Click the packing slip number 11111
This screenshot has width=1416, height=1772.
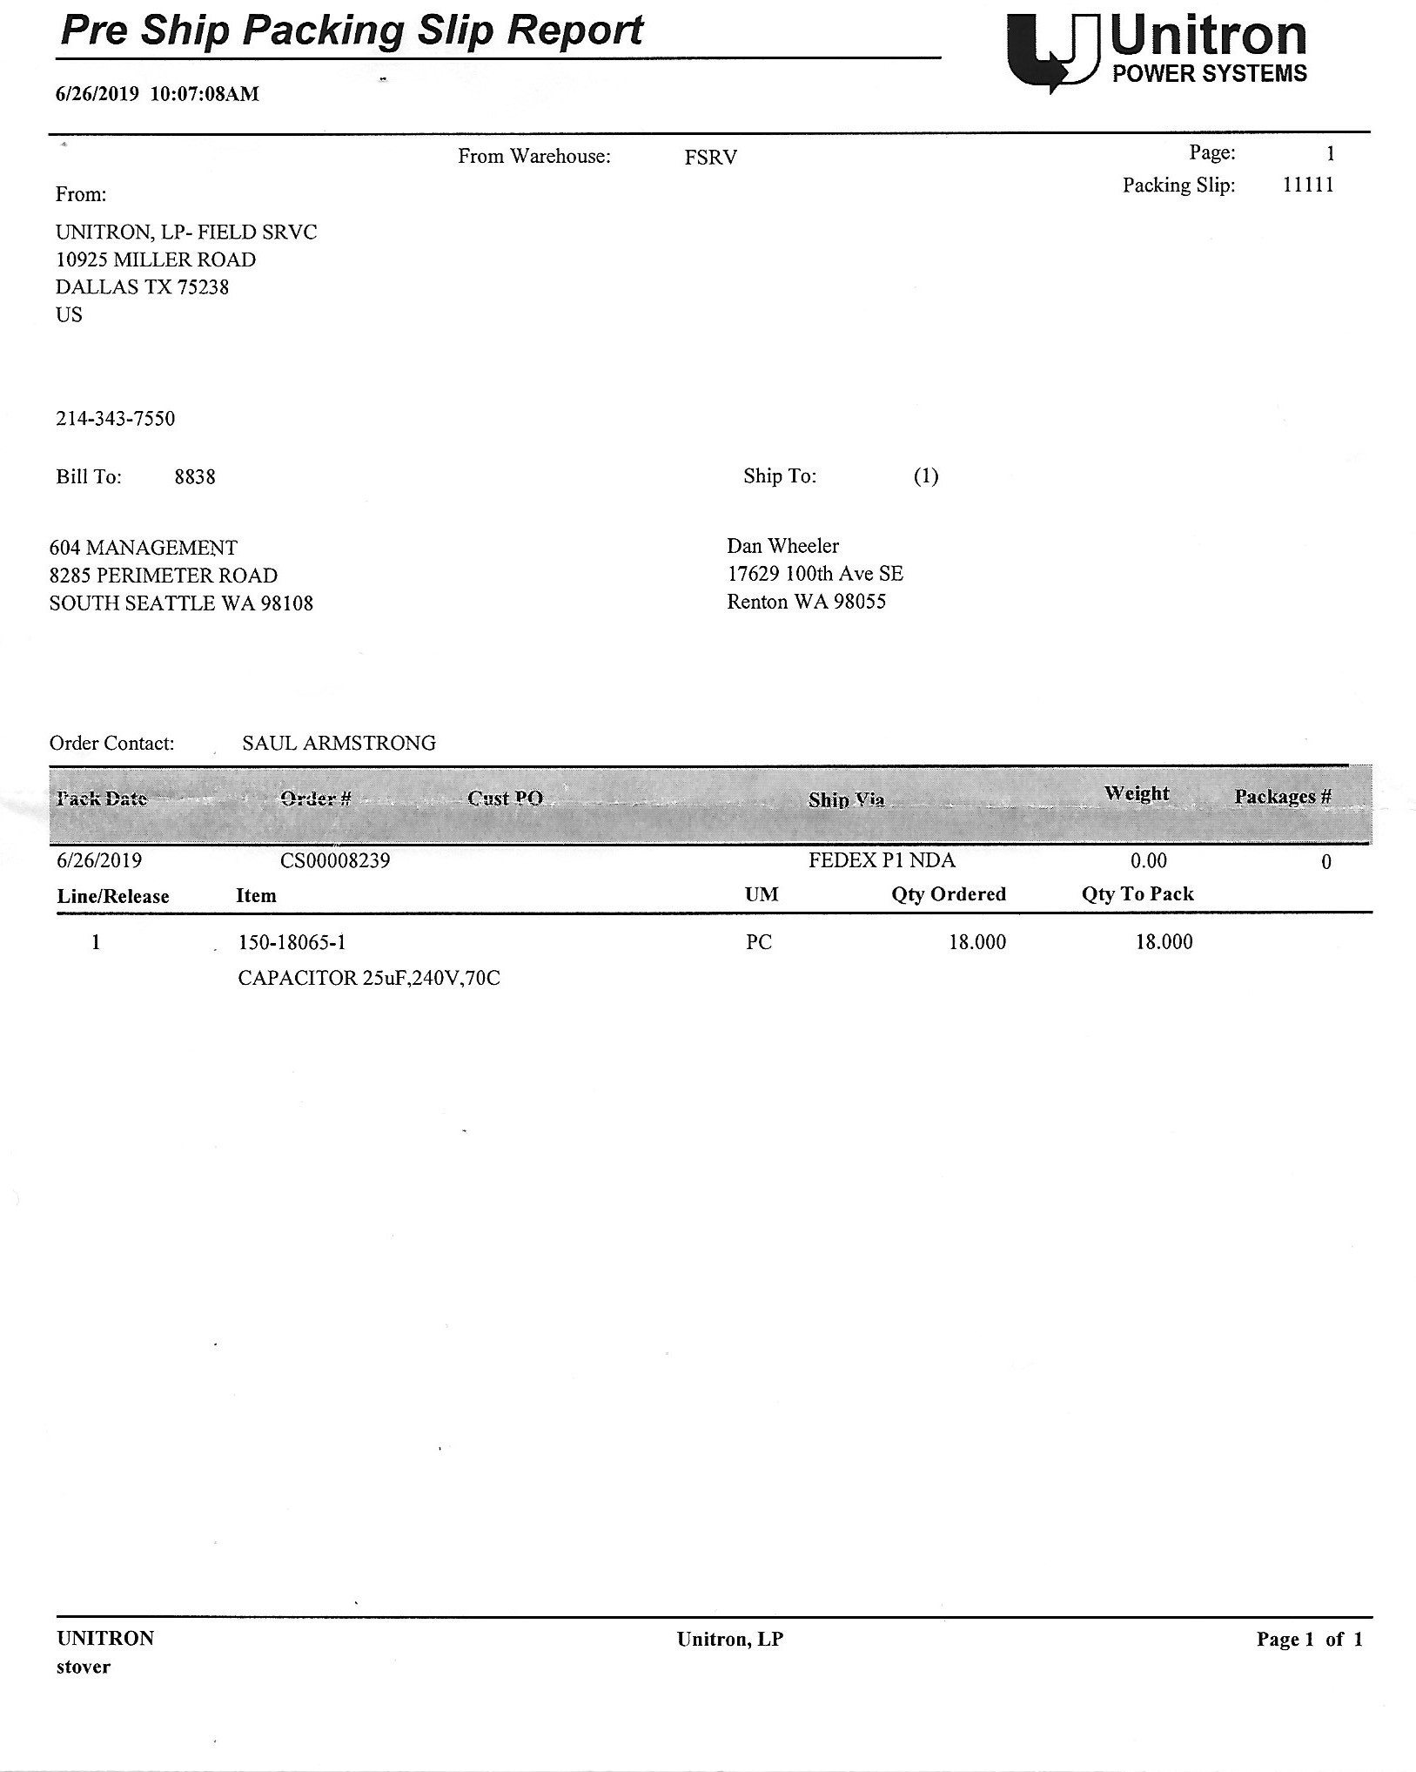tap(1307, 185)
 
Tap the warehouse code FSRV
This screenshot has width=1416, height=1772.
tap(710, 158)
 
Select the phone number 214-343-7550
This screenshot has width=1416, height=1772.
tap(116, 419)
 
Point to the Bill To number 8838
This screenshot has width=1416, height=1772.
tap(195, 477)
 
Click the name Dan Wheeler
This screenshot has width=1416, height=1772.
tap(782, 546)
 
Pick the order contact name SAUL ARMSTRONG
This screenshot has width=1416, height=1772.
tap(339, 743)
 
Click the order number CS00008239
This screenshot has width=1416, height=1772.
tap(335, 861)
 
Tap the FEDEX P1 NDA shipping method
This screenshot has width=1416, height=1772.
tap(881, 860)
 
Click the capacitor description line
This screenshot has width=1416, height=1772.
tap(369, 979)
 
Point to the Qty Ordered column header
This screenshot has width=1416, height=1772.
tap(948, 894)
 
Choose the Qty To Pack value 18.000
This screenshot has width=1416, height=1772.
tap(1164, 942)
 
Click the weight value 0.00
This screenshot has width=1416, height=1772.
tap(1148, 861)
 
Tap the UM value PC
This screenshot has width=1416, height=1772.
tap(758, 942)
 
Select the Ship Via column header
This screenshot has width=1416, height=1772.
tap(846, 799)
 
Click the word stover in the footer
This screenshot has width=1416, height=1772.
tap(84, 1667)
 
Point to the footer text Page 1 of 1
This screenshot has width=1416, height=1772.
tap(1309, 1640)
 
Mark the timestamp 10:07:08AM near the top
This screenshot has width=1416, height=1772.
tap(205, 94)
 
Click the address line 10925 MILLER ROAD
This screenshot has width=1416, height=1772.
tap(156, 259)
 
